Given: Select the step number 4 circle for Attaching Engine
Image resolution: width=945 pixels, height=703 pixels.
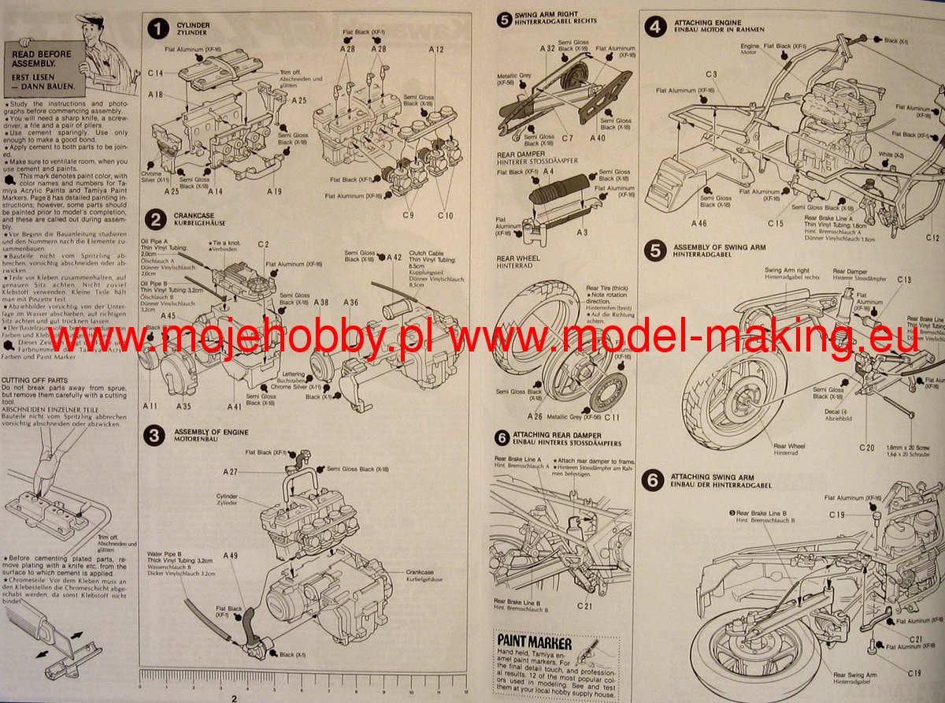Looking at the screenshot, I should (x=654, y=26).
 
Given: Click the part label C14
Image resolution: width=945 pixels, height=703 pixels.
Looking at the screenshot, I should (x=155, y=73).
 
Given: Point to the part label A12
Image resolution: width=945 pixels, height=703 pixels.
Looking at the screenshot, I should (x=437, y=49).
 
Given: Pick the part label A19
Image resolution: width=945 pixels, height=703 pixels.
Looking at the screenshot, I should (x=274, y=191).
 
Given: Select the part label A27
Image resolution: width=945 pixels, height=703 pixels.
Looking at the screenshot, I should (x=230, y=471).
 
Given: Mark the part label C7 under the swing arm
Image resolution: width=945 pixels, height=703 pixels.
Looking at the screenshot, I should (x=567, y=138).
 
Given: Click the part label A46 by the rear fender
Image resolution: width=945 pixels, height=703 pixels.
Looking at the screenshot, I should (x=699, y=223).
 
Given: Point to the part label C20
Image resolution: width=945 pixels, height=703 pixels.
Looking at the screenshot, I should (x=867, y=448).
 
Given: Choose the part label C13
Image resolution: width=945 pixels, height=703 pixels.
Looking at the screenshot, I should (x=903, y=280).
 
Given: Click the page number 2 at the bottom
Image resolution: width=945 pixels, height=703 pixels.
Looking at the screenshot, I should (x=234, y=697).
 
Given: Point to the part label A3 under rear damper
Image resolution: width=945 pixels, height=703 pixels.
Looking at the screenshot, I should (x=582, y=233).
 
